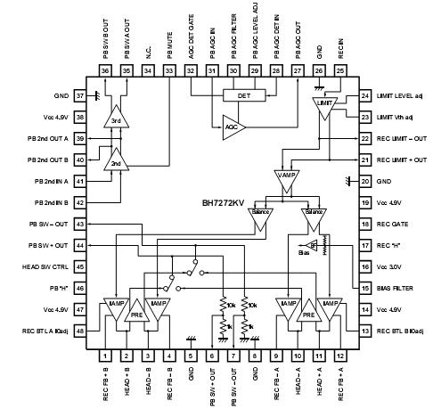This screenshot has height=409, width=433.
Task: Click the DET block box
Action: (240, 95)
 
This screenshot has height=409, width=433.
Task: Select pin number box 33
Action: (169, 71)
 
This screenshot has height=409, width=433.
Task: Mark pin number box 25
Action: (339, 71)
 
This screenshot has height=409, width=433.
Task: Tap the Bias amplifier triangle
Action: (311, 245)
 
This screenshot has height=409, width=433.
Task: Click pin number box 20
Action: (364, 181)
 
